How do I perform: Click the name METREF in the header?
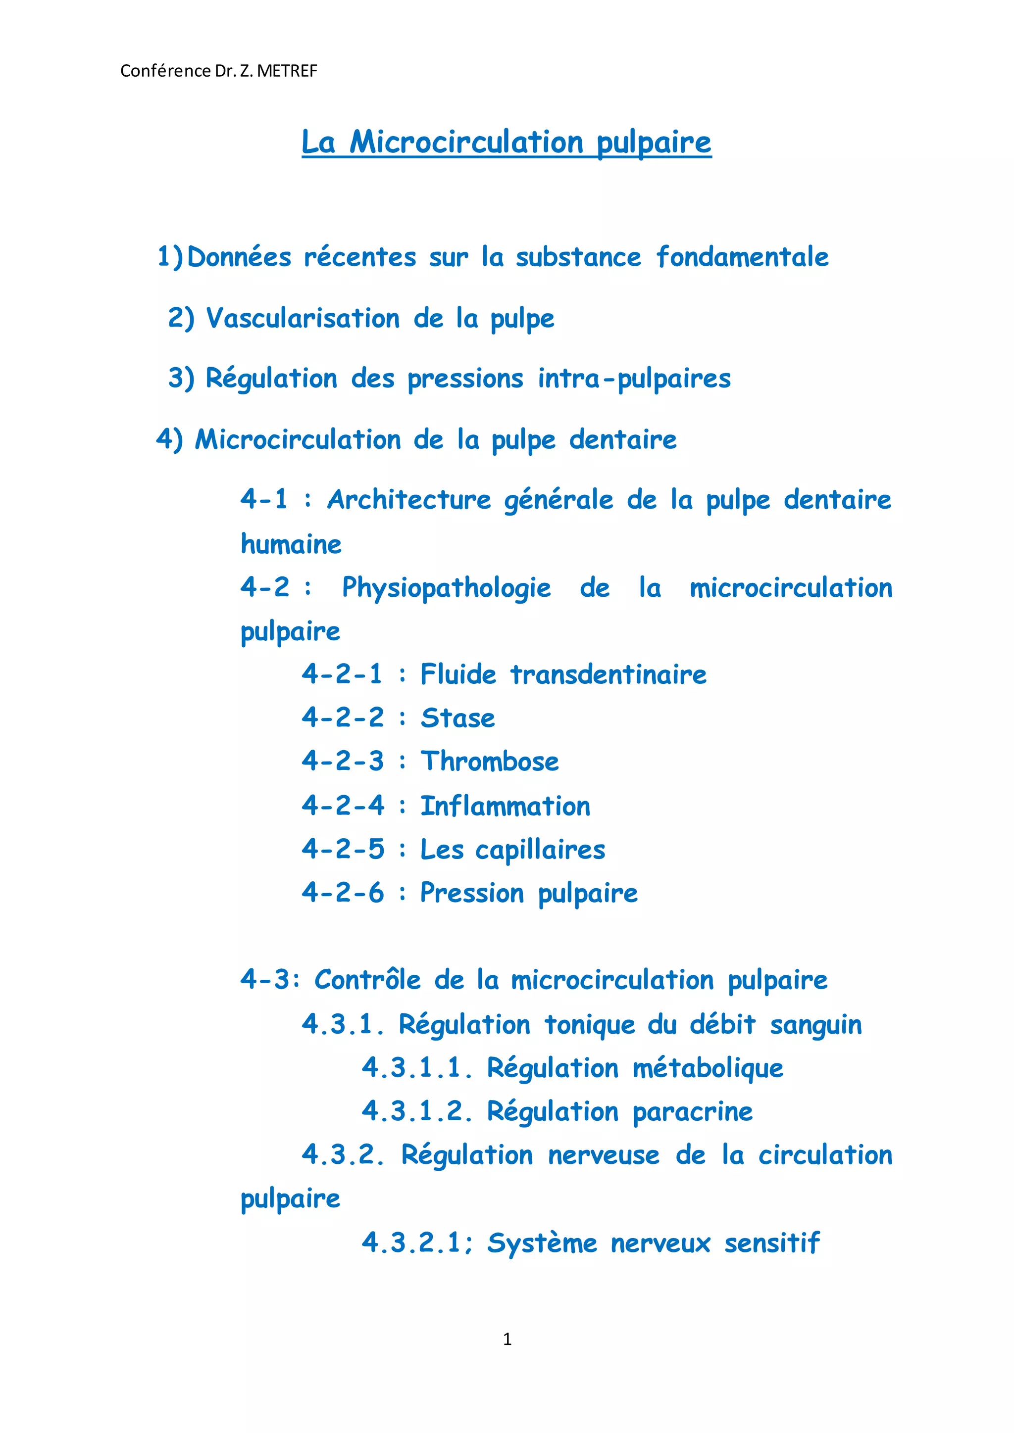click(287, 71)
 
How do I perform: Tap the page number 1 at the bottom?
click(507, 1339)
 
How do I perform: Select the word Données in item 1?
click(239, 257)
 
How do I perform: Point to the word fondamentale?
click(742, 257)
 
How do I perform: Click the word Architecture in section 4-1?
click(409, 500)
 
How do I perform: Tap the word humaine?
click(291, 544)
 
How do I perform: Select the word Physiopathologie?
click(447, 588)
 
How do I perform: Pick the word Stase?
click(457, 718)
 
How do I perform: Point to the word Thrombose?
click(490, 762)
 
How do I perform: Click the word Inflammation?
click(505, 807)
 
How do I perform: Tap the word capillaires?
click(540, 850)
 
